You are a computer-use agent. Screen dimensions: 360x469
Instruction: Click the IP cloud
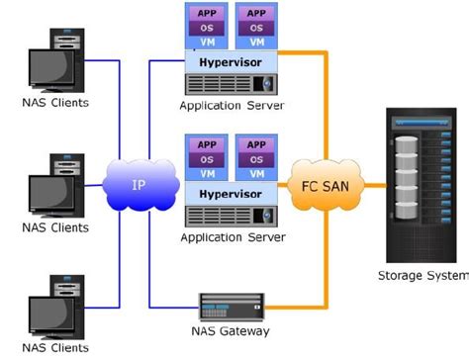[139, 185]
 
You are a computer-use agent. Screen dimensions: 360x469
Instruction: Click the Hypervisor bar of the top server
[230, 60]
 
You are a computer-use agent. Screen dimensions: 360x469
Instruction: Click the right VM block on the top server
[255, 42]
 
